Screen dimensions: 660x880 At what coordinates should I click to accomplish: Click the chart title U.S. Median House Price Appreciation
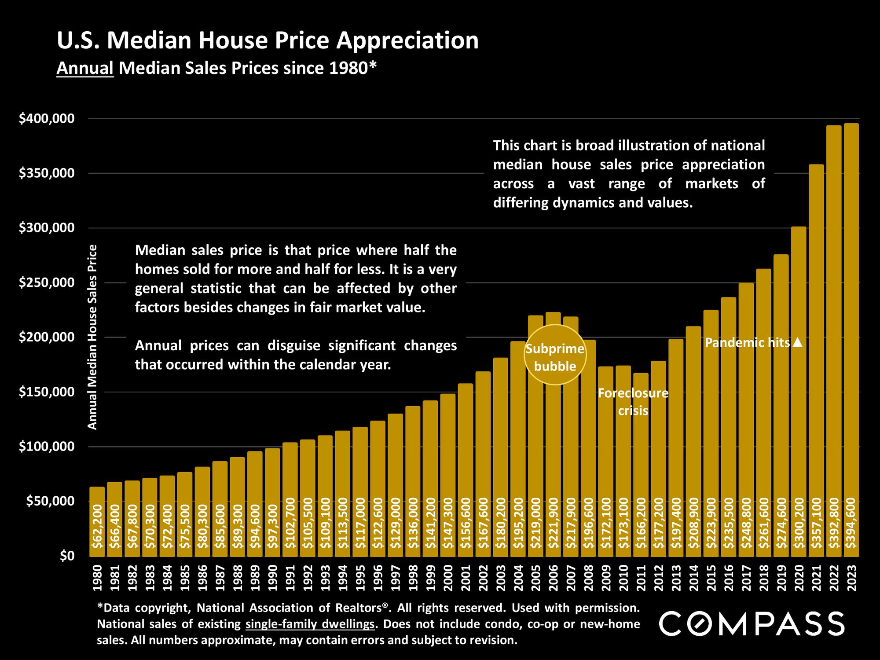(268, 41)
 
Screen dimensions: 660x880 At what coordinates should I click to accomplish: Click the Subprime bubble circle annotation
(555, 355)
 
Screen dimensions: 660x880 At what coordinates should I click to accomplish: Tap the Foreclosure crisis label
(633, 402)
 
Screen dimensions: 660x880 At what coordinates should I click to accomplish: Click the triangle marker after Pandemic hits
(798, 342)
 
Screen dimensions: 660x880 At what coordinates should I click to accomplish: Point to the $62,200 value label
(97, 526)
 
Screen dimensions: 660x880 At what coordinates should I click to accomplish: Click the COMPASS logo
(752, 623)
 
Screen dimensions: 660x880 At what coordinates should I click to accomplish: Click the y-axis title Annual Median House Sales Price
(92, 337)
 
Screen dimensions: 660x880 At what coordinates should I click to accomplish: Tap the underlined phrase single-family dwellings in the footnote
(310, 624)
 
